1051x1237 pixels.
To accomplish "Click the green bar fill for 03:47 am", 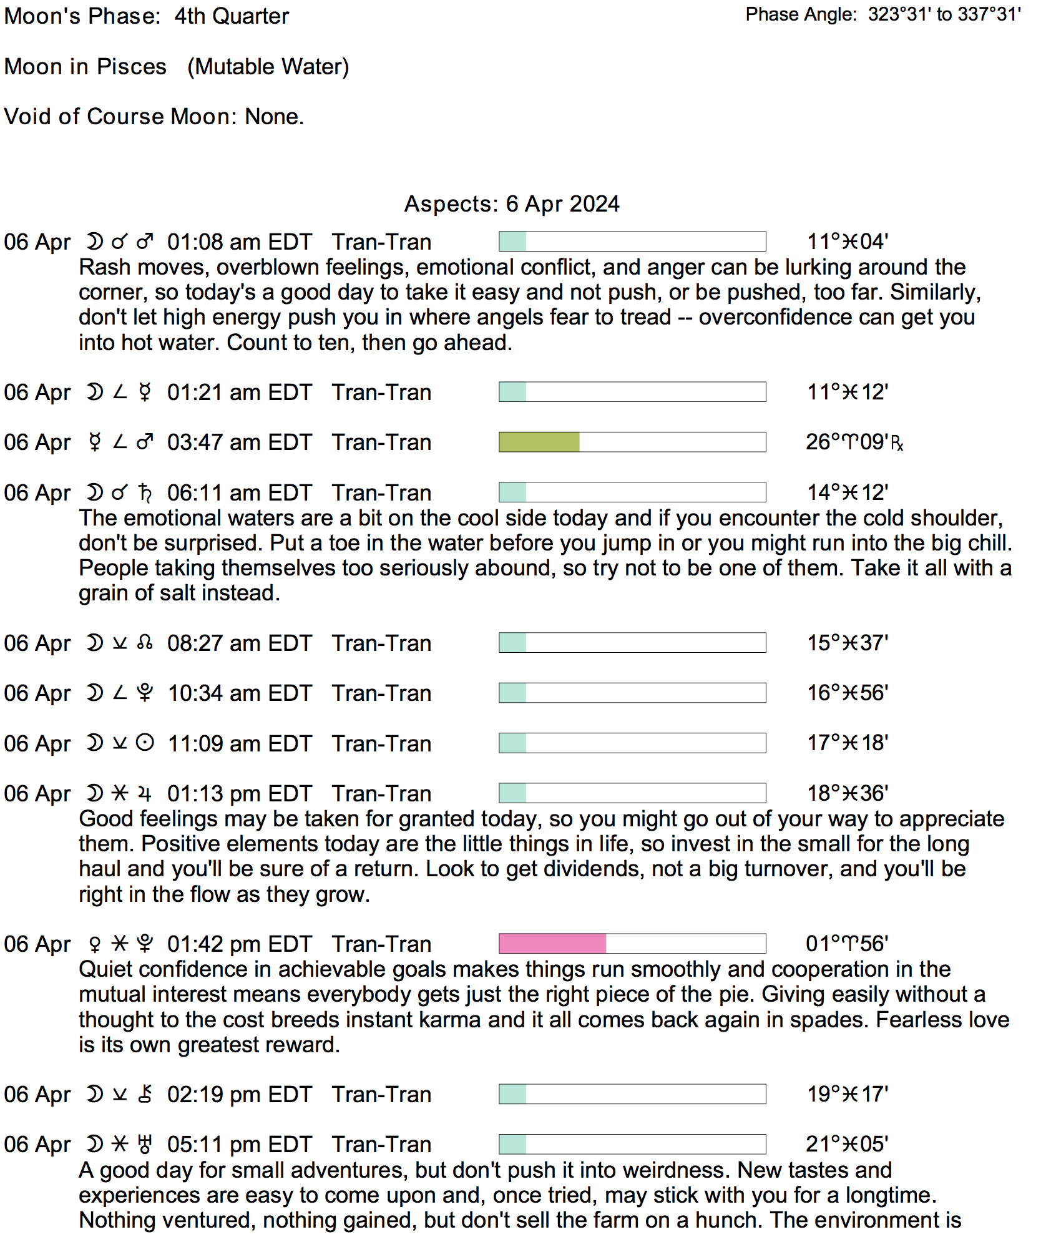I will pos(539,442).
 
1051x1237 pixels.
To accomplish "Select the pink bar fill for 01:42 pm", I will pos(552,943).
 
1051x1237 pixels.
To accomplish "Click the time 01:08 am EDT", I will pos(239,242).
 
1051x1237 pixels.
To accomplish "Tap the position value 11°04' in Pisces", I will pos(847,242).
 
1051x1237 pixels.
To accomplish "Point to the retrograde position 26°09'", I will pos(853,442).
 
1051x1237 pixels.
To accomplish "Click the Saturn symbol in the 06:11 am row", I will pos(145,493).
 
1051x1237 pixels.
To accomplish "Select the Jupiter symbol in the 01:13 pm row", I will pos(145,794).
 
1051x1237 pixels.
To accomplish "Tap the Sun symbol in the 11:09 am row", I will pos(145,743).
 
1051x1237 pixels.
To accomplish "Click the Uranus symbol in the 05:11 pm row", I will pos(145,1145).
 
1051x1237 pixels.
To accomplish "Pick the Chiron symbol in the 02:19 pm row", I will pos(145,1095).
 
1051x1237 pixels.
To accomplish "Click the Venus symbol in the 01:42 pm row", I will pos(95,944).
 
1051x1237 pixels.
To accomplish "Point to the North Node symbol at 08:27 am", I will pos(145,643).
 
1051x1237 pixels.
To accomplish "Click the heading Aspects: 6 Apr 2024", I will pos(512,204).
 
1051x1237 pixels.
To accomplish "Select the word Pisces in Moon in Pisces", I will pos(132,67).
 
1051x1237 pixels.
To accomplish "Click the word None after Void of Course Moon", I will pos(272,117).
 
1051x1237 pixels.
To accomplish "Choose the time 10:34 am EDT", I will pos(239,693).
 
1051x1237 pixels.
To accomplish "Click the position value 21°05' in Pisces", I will pos(846,1144).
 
